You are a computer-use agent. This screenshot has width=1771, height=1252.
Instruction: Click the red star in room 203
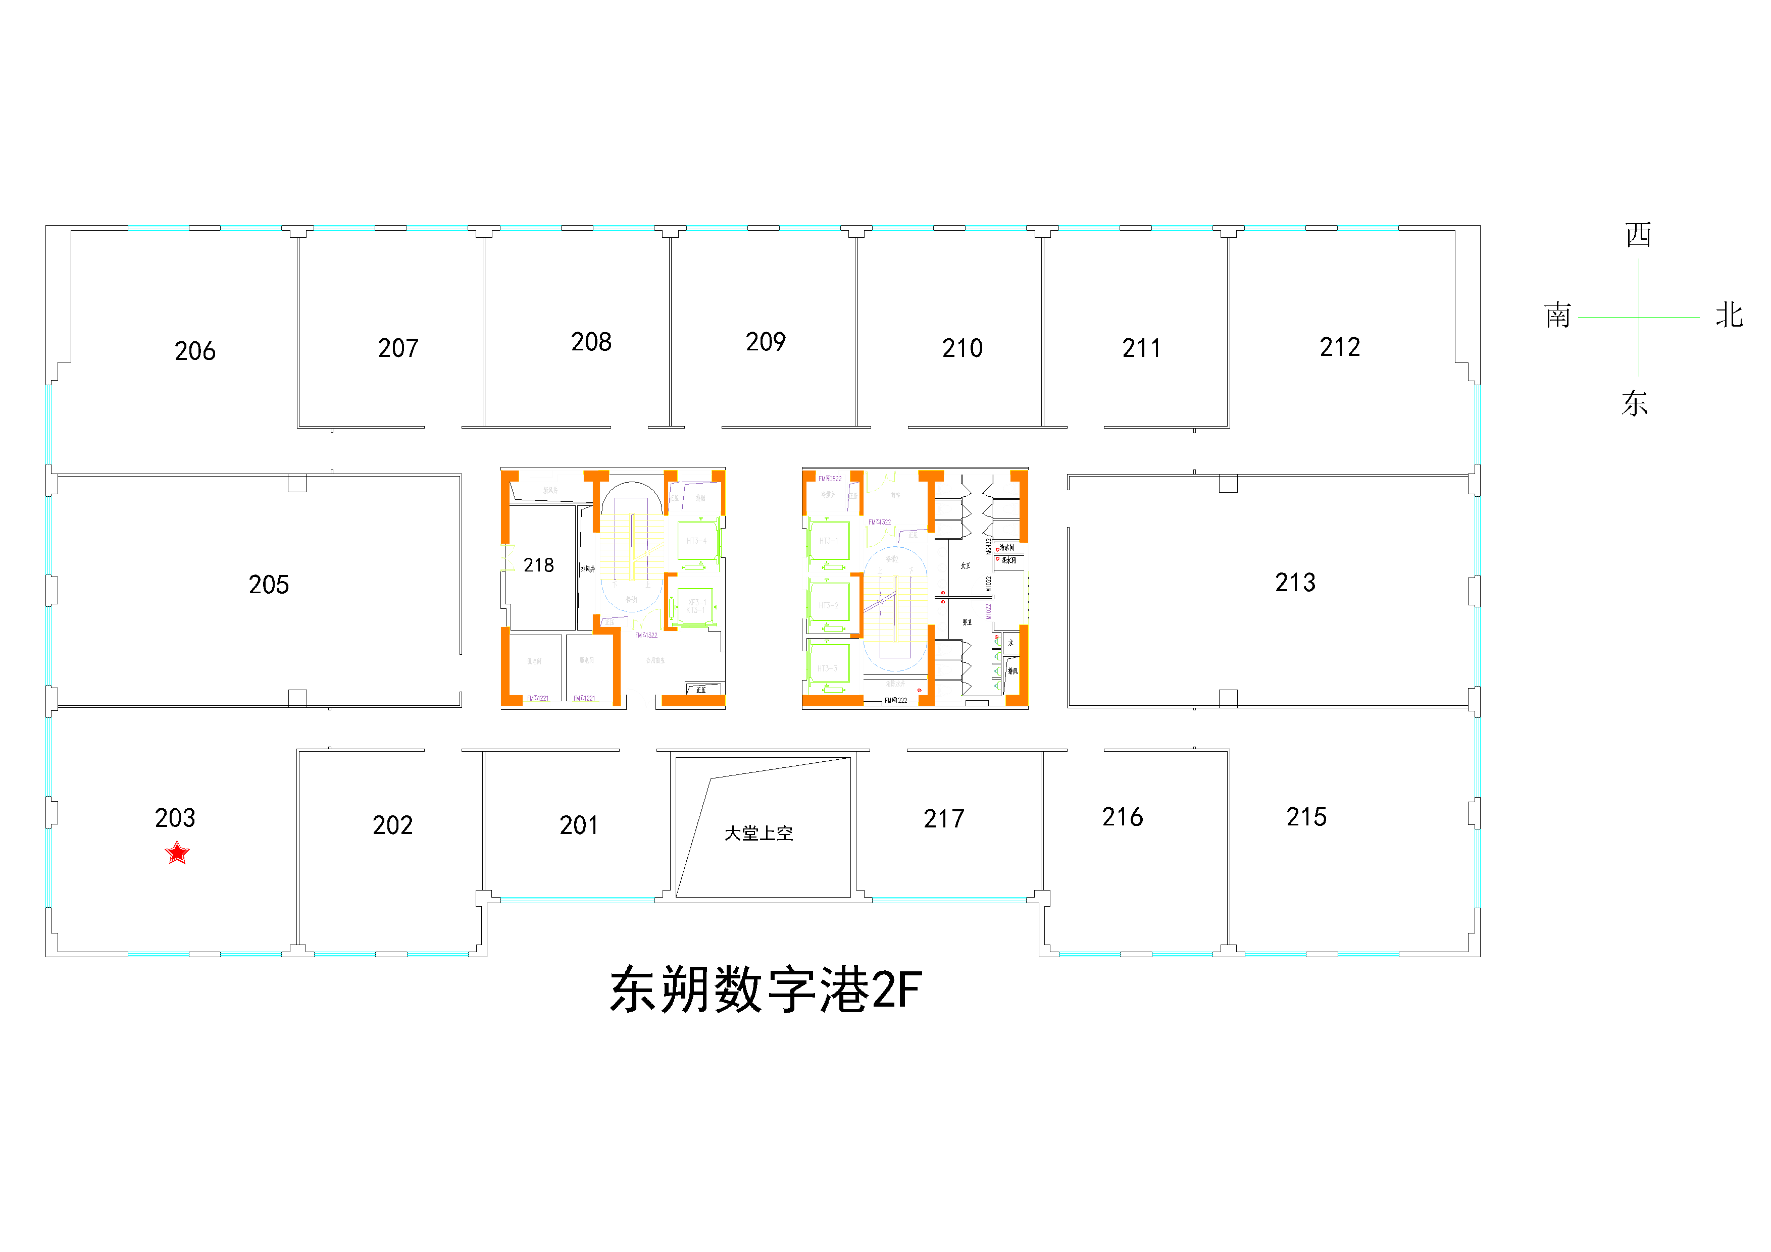click(177, 853)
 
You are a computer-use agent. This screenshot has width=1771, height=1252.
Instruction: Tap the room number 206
click(195, 351)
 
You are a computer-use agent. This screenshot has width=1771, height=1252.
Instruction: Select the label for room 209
click(766, 342)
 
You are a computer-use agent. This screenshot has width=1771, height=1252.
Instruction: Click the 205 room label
click(269, 585)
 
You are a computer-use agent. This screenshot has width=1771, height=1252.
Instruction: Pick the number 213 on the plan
click(1295, 582)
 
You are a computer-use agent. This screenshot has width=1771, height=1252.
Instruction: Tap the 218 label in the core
click(538, 565)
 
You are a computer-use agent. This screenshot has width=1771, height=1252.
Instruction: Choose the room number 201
click(579, 825)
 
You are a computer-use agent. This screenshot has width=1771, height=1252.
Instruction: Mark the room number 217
click(944, 819)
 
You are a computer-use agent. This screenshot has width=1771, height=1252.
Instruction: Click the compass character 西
click(1638, 234)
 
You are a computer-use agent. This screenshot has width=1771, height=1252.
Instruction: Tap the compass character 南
click(1557, 316)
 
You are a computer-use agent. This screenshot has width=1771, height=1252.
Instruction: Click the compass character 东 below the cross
click(1635, 403)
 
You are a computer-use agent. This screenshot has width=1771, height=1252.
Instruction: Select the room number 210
click(963, 348)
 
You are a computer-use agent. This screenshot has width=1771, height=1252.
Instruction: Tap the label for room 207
click(398, 348)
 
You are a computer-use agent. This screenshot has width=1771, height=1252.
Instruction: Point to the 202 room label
click(392, 825)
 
